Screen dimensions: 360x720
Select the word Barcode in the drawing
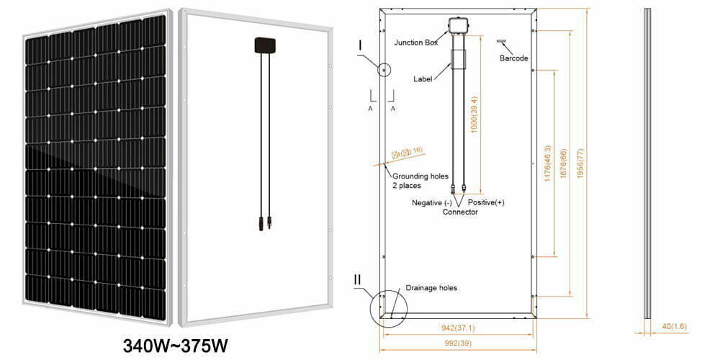point(514,58)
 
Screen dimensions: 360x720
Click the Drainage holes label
point(432,288)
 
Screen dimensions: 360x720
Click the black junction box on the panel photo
point(261,45)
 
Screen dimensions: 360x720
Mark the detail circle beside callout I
point(384,70)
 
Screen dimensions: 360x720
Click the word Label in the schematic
point(423,78)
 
